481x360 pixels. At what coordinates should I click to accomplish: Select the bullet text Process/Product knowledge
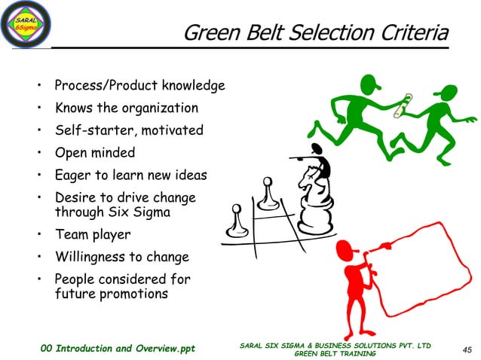pos(140,86)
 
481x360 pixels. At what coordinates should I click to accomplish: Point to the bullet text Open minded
pos(95,153)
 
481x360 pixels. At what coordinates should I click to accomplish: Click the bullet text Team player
pos(92,234)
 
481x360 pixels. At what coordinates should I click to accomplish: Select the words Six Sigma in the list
pos(142,212)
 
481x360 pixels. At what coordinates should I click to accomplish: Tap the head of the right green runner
pos(446,93)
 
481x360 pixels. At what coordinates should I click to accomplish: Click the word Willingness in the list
pos(89,257)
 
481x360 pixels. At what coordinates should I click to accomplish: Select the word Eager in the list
pos(72,175)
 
